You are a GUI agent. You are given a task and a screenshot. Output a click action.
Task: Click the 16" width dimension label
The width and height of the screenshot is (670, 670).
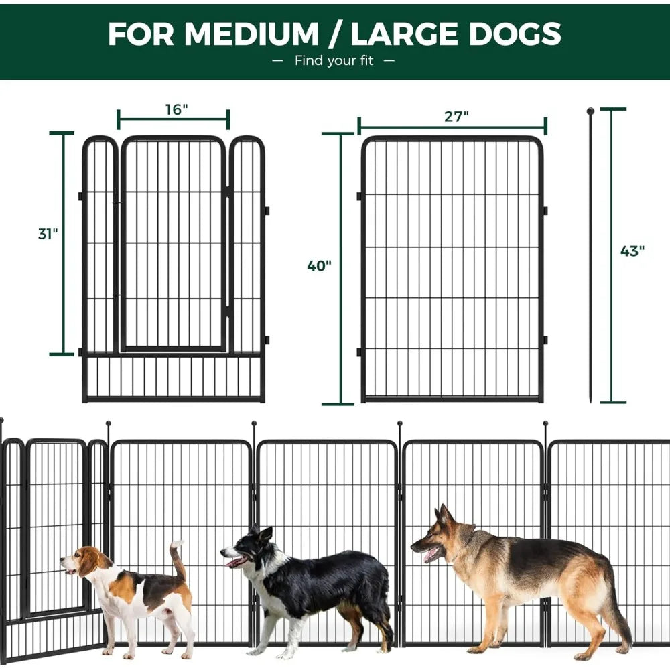tap(176, 109)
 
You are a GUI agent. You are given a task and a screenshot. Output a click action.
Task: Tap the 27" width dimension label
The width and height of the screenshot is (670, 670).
tap(456, 116)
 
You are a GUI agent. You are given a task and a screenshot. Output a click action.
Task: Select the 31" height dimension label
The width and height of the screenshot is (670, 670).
tap(48, 234)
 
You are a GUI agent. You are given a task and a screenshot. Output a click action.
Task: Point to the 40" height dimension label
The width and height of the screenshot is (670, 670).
tap(319, 266)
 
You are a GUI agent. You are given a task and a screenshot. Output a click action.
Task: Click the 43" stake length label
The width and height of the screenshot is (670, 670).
tap(632, 251)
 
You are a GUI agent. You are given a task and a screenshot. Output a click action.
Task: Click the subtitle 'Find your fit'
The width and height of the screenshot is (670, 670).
tap(334, 61)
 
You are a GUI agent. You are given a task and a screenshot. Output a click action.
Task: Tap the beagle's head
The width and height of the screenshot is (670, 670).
tap(84, 561)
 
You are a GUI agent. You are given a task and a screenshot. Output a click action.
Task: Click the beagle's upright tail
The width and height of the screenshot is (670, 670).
tap(178, 560)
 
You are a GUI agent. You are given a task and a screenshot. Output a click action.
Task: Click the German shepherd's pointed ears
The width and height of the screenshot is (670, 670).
tap(444, 516)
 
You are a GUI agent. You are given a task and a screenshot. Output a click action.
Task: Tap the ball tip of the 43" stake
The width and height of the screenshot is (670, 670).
tap(590, 111)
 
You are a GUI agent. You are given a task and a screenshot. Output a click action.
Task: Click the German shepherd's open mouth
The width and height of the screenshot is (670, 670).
tap(431, 554)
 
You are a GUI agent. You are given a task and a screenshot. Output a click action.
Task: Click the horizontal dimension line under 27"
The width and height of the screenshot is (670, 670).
tap(452, 126)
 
